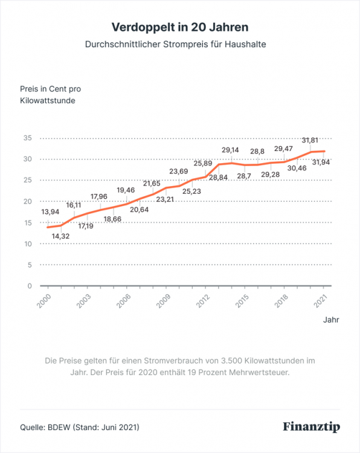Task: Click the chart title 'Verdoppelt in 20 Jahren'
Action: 180,27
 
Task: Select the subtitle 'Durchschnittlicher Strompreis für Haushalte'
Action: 180,45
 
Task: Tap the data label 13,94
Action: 50,211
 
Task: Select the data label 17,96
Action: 101,196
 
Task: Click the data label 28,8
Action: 258,151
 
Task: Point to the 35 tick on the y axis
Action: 27,138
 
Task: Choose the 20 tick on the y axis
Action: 27,201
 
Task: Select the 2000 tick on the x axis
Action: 45,299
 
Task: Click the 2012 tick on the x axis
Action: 202,299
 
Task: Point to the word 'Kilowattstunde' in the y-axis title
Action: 48,101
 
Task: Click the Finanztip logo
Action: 312,427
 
